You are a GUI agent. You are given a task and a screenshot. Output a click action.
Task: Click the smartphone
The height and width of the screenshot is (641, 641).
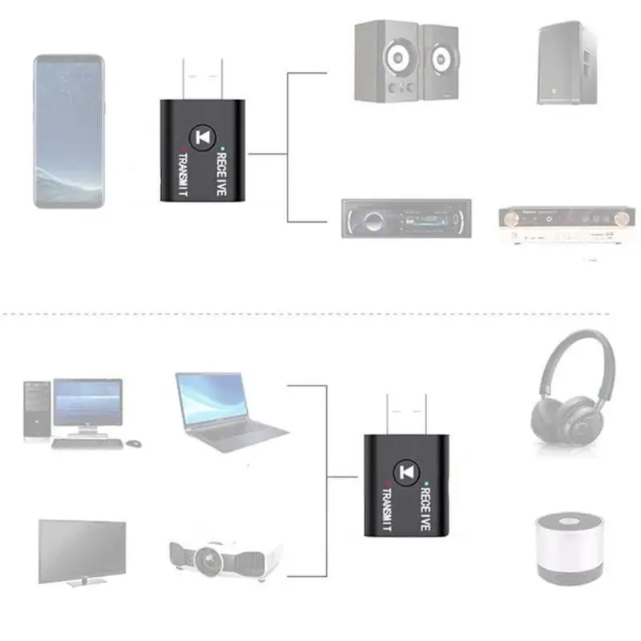point(69,131)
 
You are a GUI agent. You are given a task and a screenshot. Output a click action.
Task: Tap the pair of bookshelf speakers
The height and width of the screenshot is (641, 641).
point(405,62)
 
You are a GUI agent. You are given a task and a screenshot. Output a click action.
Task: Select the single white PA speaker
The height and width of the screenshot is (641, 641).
point(566,62)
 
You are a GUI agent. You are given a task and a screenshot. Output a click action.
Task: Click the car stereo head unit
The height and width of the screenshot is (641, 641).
point(406,218)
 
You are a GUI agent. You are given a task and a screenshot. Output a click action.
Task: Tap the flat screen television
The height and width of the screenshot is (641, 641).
point(82,552)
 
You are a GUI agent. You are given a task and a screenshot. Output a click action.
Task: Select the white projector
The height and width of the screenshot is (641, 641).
point(225,556)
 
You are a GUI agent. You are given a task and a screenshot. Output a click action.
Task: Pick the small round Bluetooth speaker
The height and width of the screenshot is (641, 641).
point(568,548)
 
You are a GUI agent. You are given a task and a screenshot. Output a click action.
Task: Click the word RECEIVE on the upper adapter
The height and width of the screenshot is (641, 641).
point(222,171)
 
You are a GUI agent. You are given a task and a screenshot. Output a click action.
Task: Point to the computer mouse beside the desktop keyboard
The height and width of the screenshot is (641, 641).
point(133,442)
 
